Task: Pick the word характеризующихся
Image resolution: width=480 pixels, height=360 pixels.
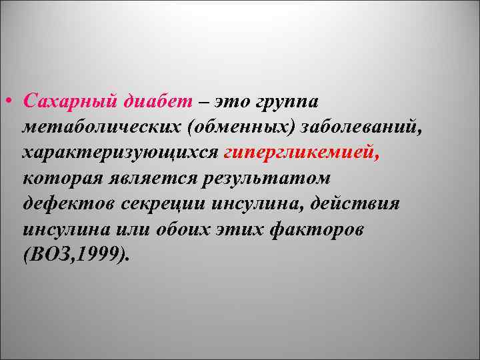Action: click(120, 153)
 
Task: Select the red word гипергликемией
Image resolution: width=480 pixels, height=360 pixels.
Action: click(301, 153)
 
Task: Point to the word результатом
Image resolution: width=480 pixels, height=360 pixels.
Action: click(273, 178)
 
